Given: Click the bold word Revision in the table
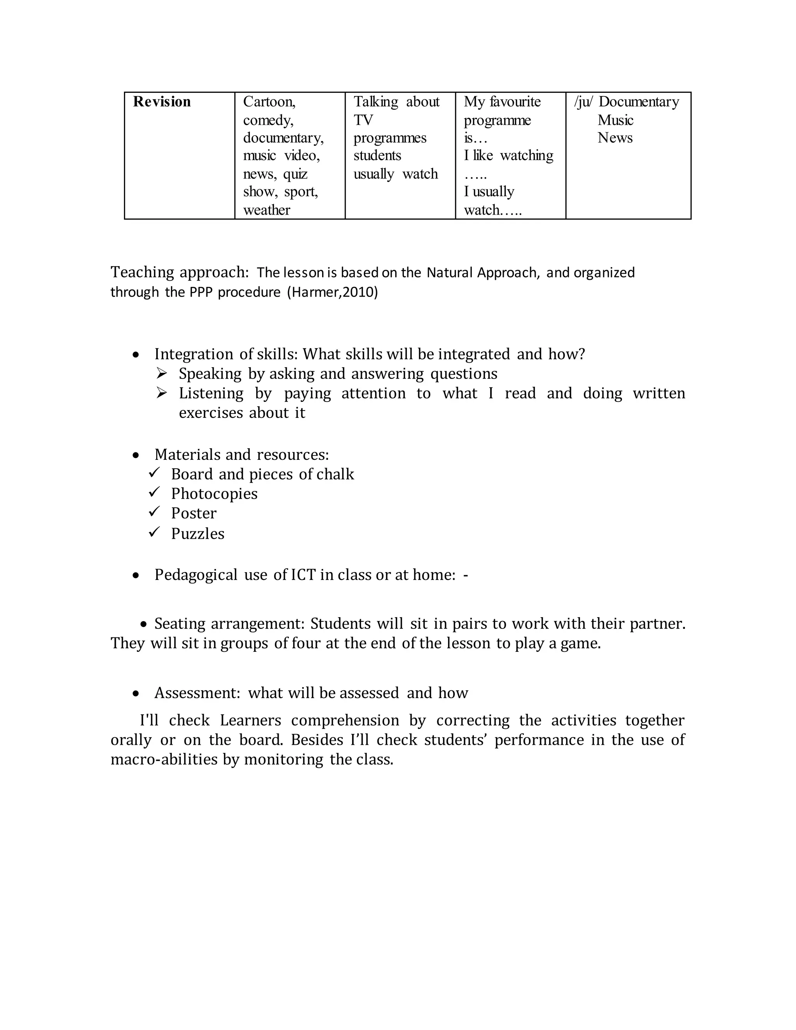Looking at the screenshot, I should (x=162, y=102).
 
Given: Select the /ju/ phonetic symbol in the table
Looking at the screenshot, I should (x=583, y=102).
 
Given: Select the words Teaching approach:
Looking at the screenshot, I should (x=179, y=272).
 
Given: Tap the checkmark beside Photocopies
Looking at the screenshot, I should (x=154, y=492).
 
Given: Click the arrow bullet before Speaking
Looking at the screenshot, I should (x=162, y=374).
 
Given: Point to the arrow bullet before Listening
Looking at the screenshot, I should (x=162, y=393).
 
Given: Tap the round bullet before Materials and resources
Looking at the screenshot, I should (x=136, y=455).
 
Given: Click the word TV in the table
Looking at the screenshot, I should (x=363, y=120).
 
